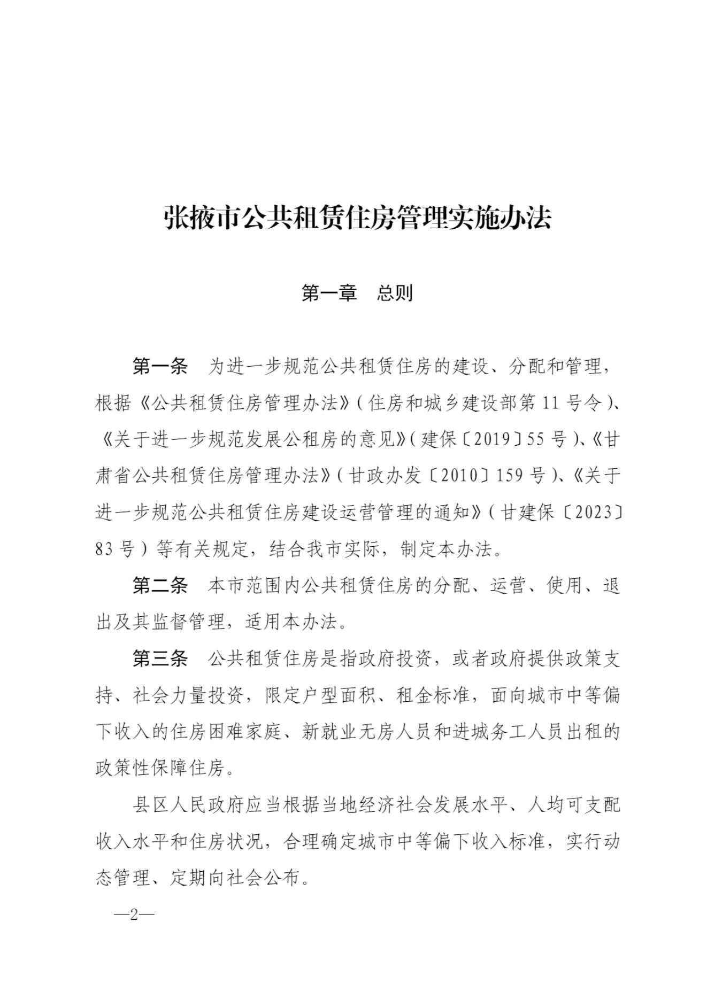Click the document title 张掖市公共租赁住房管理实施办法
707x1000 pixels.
(x=357, y=218)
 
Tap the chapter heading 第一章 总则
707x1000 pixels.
(x=357, y=293)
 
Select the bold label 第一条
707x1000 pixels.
(x=160, y=367)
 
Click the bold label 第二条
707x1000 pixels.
(x=160, y=586)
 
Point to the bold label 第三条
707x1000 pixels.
(x=160, y=659)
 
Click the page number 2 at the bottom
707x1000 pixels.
(x=134, y=914)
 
